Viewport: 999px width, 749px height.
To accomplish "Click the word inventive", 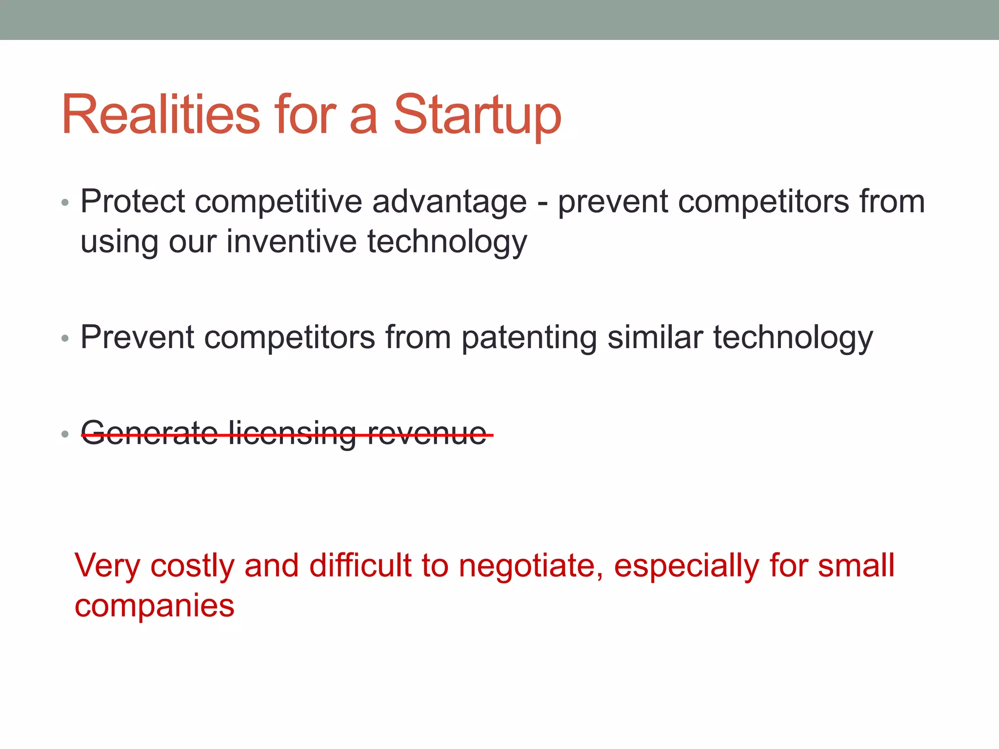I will [x=291, y=242].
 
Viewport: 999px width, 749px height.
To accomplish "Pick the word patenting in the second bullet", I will [x=529, y=338].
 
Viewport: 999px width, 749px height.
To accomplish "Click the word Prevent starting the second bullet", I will [x=137, y=337].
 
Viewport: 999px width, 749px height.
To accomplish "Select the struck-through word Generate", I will [x=149, y=434].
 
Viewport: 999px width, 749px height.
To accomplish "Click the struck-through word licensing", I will [x=292, y=434].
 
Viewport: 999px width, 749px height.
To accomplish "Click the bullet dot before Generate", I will [x=65, y=434].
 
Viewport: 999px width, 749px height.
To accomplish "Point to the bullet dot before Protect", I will [x=65, y=202].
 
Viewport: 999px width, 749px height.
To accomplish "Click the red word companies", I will [x=154, y=607].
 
